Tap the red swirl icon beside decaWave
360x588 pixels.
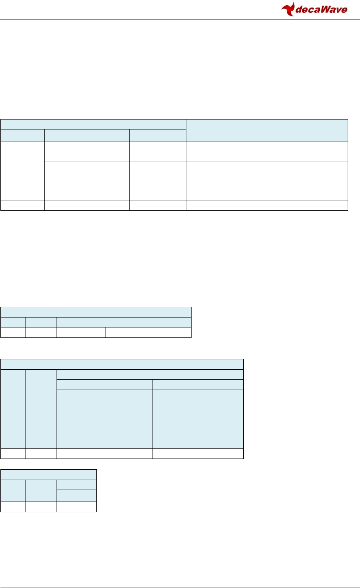[288, 9]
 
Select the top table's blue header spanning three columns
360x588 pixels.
[93, 124]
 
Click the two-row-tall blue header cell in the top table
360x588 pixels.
[267, 129]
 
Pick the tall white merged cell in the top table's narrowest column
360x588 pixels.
[22, 171]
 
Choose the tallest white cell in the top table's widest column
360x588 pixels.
[267, 180]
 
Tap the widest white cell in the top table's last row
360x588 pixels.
[267, 205]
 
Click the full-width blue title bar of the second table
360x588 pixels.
[96, 312]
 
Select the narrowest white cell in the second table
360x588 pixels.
[13, 332]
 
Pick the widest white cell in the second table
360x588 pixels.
[149, 332]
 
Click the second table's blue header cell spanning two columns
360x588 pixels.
[124, 322]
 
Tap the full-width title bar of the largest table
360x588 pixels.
[122, 364]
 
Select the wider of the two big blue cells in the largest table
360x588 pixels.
[105, 419]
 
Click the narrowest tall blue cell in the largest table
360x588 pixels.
[13, 409]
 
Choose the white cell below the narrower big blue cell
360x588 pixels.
[198, 453]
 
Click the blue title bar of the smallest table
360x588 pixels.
[48, 474]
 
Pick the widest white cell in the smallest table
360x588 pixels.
[76, 507]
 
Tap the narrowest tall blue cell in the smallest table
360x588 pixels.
[13, 490]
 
